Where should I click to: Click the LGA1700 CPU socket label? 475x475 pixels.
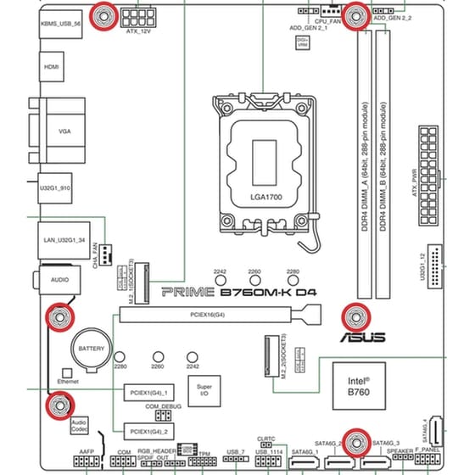point(265,197)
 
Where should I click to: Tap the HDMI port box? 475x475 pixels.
point(52,65)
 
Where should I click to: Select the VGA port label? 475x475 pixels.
point(64,132)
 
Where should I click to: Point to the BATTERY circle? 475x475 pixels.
point(91,349)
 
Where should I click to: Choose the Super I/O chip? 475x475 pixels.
point(204,390)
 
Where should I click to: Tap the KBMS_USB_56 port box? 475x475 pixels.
point(60,25)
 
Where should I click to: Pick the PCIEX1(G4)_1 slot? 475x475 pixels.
point(146,394)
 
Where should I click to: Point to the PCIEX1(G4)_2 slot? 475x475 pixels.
point(146,429)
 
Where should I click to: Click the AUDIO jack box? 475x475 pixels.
point(59,278)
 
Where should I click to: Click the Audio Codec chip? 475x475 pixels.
point(79,424)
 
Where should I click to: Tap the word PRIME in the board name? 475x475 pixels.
point(182,292)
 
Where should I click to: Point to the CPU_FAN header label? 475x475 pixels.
point(327,20)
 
